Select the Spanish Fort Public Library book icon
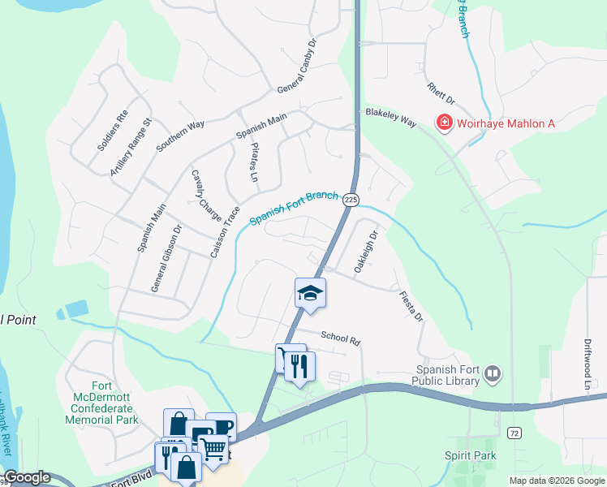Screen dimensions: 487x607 point(493,373)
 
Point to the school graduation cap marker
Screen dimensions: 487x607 point(310,292)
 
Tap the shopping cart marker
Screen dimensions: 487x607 point(213,447)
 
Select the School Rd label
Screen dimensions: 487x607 point(340,337)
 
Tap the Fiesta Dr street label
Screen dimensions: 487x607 point(411,306)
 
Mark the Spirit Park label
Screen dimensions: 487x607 point(471,455)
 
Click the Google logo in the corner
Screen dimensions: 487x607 point(27,477)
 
